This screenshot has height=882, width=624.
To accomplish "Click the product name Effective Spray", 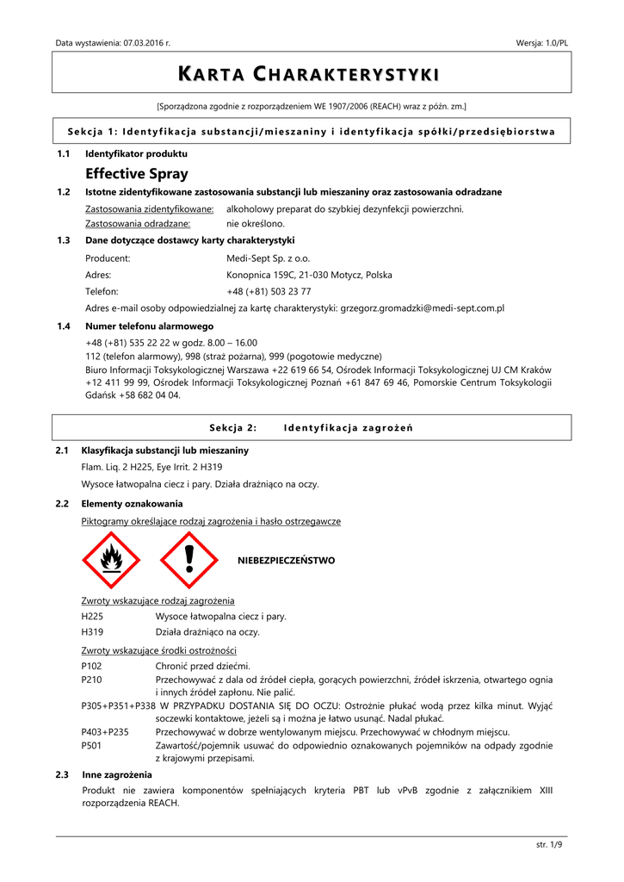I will pos(137,174).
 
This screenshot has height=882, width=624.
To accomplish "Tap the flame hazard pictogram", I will pos(110,560).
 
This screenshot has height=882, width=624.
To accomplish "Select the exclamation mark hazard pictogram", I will pos(188,560).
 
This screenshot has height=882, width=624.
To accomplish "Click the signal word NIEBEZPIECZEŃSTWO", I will pos(286,561).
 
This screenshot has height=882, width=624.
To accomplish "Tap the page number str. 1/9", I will pos(549,844).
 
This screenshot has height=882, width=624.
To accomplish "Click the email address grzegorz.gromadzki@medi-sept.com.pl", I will pos(423,307).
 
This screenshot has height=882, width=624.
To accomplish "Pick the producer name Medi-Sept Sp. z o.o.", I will pos(268,258).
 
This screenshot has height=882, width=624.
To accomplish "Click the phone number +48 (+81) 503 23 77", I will pos(269,291).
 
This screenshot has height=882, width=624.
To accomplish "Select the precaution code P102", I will pos(91,666).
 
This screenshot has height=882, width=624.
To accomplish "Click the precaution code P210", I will pos(91,680).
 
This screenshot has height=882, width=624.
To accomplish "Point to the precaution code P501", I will pos(91,746).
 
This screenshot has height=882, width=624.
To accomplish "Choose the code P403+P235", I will pos(105,732).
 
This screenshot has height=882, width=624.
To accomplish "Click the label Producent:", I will pos(108,258).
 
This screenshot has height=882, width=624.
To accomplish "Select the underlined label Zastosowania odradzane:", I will pos(138,223).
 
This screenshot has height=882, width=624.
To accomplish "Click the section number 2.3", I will pos(62,775).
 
